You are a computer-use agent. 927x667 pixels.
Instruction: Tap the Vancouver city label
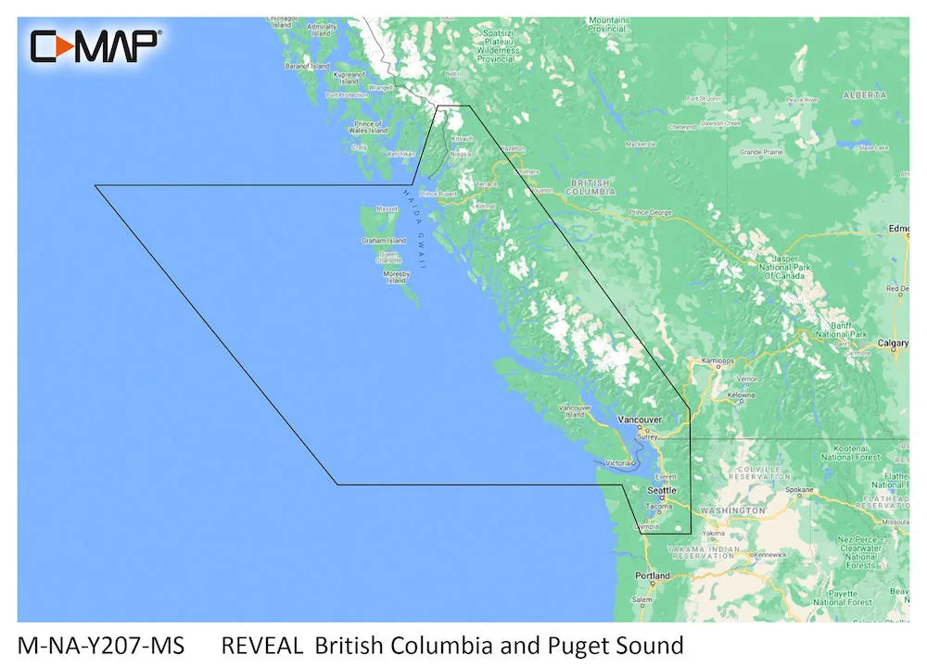coord(641,421)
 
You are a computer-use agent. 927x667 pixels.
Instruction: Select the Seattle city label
coord(662,490)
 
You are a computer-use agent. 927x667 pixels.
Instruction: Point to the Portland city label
coord(653,576)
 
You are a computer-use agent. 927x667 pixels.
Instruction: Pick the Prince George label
coord(650,213)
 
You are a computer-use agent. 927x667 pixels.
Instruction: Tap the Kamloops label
coord(717,360)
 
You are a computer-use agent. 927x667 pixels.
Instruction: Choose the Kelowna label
coord(741,395)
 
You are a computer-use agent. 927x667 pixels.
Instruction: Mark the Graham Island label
coord(384,241)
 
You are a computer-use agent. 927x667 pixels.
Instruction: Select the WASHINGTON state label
coord(732,510)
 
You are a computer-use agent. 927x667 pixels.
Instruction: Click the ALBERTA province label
coord(864,95)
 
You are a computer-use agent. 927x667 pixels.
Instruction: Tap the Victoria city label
coord(618,462)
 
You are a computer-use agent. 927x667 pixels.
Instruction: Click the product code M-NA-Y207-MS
coord(100,645)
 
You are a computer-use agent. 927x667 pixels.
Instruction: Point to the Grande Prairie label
coord(761,151)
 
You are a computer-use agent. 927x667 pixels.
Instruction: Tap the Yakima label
coord(712,534)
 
